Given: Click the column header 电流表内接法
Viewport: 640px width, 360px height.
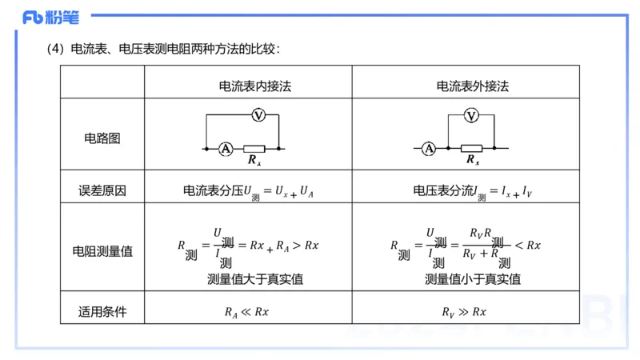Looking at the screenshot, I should (x=255, y=86).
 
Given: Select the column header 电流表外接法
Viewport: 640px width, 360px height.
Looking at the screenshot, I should (x=472, y=86).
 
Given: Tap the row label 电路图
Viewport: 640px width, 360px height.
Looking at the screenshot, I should (x=102, y=138).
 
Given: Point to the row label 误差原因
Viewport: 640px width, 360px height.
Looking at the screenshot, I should (x=102, y=191).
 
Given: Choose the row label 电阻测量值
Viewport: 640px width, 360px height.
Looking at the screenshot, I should (x=102, y=250).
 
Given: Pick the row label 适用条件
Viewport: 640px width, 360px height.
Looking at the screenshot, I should (x=102, y=311).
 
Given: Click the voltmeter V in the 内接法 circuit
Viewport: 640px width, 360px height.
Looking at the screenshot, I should (x=258, y=116).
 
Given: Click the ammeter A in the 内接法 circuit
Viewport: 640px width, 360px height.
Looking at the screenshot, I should (x=226, y=148).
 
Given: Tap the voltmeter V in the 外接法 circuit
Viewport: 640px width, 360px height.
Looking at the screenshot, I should (x=471, y=116).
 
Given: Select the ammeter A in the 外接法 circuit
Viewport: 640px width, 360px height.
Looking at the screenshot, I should (x=429, y=148).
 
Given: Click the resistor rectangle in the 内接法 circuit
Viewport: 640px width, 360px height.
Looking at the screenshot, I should (x=254, y=148).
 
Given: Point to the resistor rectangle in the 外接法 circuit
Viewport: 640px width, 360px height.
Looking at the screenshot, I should (x=471, y=148).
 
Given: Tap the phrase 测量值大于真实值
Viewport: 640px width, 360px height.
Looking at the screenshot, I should (x=255, y=279).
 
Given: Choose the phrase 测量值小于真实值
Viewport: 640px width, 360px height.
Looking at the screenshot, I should (x=472, y=279).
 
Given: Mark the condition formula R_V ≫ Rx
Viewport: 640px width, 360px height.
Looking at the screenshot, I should (x=464, y=312).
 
